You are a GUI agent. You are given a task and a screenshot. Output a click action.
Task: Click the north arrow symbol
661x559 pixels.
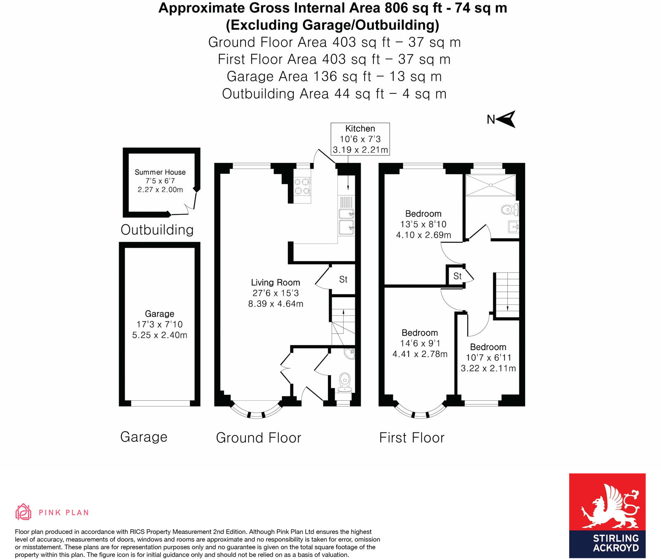pyautogui.click(x=506, y=119)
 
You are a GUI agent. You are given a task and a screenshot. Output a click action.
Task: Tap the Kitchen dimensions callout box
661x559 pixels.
pyautogui.click(x=360, y=139)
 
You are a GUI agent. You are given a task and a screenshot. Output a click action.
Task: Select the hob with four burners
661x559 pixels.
pyautogui.click(x=302, y=186)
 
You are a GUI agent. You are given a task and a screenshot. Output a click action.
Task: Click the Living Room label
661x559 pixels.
pyautogui.click(x=276, y=282)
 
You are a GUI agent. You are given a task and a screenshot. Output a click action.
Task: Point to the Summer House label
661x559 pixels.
pyautogui.click(x=160, y=172)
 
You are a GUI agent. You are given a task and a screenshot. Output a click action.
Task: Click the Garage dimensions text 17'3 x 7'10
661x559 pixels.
pyautogui.click(x=159, y=324)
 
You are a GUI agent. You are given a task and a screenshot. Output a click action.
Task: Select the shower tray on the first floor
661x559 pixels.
pyautogui.click(x=490, y=185)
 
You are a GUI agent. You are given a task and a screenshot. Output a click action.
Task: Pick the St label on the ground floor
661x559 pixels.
pyautogui.click(x=343, y=279)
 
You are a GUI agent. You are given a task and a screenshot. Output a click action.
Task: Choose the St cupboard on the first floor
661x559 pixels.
pyautogui.click(x=457, y=276)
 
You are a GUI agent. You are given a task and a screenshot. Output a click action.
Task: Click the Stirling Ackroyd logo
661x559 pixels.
pyautogui.click(x=607, y=516)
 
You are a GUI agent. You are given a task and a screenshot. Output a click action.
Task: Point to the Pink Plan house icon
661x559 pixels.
pyautogui.click(x=23, y=512)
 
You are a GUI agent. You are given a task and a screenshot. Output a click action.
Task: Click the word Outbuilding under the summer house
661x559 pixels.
pyautogui.click(x=157, y=230)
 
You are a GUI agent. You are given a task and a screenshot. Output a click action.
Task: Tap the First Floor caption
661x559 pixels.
pyautogui.click(x=411, y=437)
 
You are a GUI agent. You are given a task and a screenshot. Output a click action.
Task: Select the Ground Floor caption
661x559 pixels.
pyautogui.click(x=259, y=437)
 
